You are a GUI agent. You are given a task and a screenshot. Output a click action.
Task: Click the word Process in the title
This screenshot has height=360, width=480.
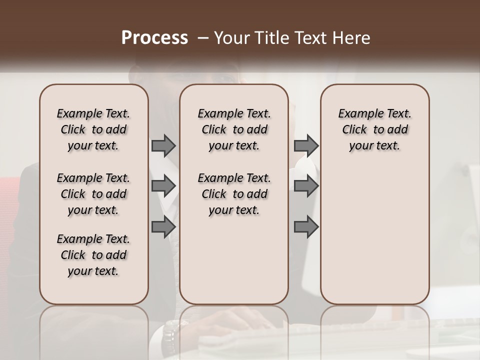coord(154,38)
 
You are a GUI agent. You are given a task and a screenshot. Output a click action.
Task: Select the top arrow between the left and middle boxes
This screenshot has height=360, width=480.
coord(163,145)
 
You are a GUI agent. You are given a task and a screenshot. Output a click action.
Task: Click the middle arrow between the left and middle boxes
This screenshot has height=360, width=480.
coord(163,186)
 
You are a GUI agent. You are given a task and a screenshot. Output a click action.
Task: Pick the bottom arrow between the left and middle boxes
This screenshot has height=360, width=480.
coord(163,226)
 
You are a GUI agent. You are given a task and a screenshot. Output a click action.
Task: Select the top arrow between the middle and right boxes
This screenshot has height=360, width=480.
coord(306,145)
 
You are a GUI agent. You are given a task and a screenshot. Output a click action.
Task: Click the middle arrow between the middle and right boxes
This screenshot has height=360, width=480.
coord(306,186)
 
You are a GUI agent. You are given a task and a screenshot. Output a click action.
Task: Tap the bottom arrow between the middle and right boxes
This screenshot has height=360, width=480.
coord(306,226)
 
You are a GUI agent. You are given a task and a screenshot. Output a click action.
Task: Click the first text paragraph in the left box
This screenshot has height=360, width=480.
coord(93,129)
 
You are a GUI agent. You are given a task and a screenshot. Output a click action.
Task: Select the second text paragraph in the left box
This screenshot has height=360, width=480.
coord(93,194)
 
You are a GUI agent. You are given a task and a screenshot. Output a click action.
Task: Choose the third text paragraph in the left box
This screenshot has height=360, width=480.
coord(93,255)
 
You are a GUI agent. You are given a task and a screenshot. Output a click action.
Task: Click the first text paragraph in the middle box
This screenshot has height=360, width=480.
coord(234,129)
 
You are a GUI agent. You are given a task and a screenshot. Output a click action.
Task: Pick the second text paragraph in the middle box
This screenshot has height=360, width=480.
coord(234,194)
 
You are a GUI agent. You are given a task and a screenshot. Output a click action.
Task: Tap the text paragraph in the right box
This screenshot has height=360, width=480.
coord(374,129)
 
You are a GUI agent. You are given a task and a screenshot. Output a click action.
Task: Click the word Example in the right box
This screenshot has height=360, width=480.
coord(357,113)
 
